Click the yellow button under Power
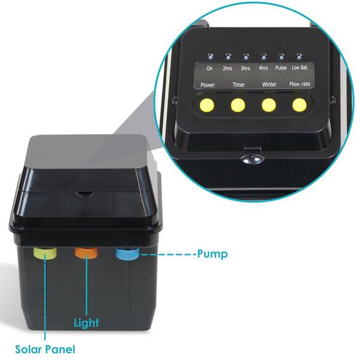pyautogui.click(x=207, y=106)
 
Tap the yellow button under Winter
pyautogui.click(x=269, y=106)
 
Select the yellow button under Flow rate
pyautogui.click(x=299, y=105)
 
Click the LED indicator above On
pyautogui.click(x=210, y=56)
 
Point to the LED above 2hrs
pyautogui.click(x=228, y=56)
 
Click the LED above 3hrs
pyautogui.click(x=245, y=56)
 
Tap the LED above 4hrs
pyautogui.click(x=263, y=56)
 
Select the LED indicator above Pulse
pyautogui.click(x=281, y=56)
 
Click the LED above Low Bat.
pyautogui.click(x=299, y=56)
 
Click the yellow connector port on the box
pyautogui.click(x=45, y=253)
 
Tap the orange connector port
pyautogui.click(x=86, y=253)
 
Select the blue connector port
pyautogui.click(x=127, y=253)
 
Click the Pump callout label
pyautogui.click(x=212, y=254)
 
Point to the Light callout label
pyautogui.click(x=86, y=323)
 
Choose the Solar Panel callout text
pyautogui.click(x=45, y=349)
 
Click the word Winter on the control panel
pyautogui.click(x=269, y=85)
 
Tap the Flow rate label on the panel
pyautogui.click(x=299, y=84)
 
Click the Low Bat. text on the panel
pyautogui.click(x=300, y=67)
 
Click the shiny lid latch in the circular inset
pyautogui.click(x=253, y=159)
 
